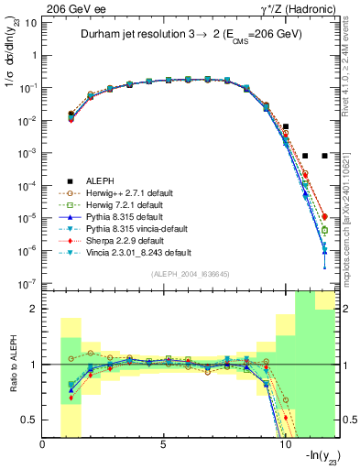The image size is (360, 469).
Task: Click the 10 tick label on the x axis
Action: (284, 445)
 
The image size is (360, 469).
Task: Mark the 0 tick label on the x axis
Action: (43, 445)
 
